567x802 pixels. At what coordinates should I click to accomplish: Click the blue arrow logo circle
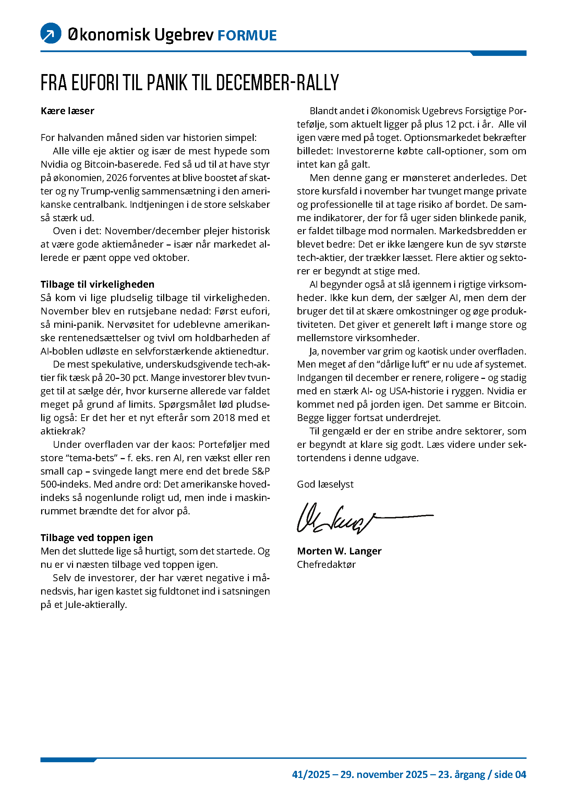tap(51, 33)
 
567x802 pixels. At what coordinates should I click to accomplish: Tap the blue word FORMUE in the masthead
tap(247, 36)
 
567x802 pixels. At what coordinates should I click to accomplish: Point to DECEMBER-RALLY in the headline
tap(277, 83)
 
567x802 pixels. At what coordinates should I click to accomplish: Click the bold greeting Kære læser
tap(68, 111)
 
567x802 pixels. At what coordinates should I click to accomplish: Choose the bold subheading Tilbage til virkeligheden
tap(97, 284)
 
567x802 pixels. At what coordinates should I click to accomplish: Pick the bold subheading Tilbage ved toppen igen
tap(97, 538)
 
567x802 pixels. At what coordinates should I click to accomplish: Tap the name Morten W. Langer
tap(339, 551)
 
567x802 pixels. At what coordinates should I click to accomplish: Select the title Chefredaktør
tap(326, 564)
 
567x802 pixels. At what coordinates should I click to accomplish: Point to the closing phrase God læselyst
tap(325, 484)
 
